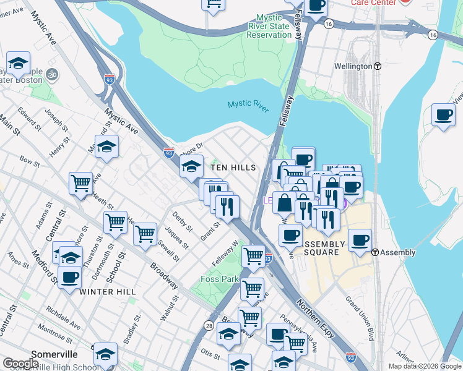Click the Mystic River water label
(248, 106)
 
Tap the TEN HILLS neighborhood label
(233, 168)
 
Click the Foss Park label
(220, 279)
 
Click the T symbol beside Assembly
(375, 252)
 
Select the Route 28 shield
(209, 325)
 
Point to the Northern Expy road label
(316, 318)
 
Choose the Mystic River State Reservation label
(268, 27)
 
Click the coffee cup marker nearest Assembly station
(360, 240)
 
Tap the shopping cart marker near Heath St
(81, 184)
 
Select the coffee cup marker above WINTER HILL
(69, 276)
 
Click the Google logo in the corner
(20, 364)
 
